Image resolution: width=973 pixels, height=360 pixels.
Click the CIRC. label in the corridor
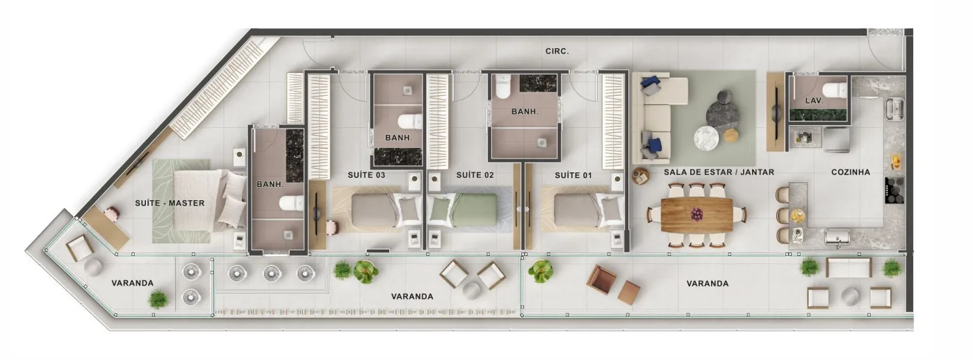(x=557, y=51)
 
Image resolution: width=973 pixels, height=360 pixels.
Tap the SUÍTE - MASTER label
(x=170, y=203)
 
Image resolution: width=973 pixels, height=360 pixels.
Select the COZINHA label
(x=851, y=172)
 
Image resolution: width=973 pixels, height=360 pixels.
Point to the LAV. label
(x=814, y=100)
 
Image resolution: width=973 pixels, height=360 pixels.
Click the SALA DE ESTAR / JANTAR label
(x=719, y=172)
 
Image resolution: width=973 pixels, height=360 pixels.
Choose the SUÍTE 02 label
(x=475, y=174)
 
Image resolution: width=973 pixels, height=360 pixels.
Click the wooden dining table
(x=696, y=215)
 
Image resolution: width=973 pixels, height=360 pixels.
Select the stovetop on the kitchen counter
(x=894, y=190)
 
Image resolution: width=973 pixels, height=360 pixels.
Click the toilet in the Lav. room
(x=835, y=91)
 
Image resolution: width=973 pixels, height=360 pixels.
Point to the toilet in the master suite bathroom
(x=291, y=203)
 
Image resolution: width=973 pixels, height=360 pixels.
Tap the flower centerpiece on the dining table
(x=696, y=213)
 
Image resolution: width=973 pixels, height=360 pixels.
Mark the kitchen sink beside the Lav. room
(x=895, y=109)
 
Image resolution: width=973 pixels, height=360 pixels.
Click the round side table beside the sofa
(x=640, y=176)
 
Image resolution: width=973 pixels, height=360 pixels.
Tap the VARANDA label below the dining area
(x=708, y=284)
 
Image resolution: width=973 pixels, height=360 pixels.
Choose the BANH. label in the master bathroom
(x=270, y=185)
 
